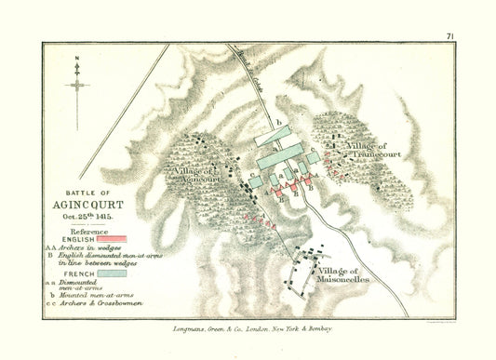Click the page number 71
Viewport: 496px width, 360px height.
click(450, 36)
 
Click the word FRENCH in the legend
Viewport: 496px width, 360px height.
click(79, 274)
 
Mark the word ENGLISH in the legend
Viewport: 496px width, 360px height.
click(80, 239)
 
